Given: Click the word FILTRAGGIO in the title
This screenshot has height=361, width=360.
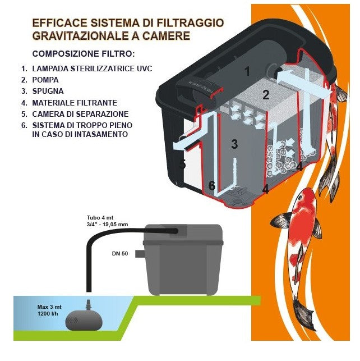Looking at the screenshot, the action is tap(190, 23).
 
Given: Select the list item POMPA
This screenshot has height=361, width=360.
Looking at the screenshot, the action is tap(45, 80).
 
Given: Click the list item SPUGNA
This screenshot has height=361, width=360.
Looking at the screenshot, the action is tap(48, 91).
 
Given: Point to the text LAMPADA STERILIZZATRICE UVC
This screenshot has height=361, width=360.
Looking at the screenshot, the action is tap(92, 68).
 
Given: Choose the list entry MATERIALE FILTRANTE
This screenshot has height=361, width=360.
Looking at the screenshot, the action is tap(75, 103).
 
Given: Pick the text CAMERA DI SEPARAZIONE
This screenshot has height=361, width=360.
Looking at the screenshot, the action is tap(80, 114).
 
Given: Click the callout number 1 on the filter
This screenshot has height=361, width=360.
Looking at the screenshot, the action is tap(247, 71).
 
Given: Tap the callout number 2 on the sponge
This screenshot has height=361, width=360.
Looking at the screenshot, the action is tap(266, 95).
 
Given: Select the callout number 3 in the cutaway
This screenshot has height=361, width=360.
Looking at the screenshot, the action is tap(234, 144).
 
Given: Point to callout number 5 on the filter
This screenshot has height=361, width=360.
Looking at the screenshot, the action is tap(182, 164).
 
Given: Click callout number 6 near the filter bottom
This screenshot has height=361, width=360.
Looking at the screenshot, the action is tap(212, 185).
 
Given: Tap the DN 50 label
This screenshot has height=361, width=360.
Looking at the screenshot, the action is tap(120, 254).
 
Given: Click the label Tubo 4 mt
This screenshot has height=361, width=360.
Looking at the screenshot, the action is tap(100, 218).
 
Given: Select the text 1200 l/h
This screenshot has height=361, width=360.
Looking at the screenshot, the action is tap(48, 313).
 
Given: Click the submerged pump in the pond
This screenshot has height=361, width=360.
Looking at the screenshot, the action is tap(84, 320).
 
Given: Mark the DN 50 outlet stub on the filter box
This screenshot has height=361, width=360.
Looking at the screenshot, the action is tap(139, 254).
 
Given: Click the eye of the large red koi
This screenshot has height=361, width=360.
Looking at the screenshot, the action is tap(299, 198).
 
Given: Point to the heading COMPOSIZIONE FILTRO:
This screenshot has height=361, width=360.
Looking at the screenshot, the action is tap(83, 54).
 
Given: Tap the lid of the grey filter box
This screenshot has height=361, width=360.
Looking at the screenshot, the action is tap(183, 233).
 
